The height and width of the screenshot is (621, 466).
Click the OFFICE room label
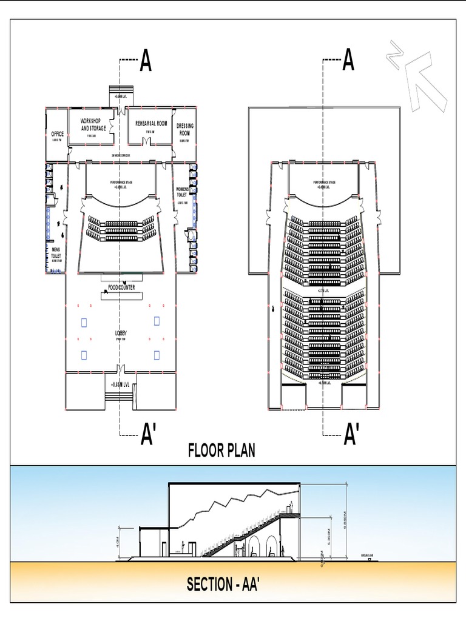tap(58, 134)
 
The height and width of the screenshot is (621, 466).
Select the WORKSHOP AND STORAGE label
tap(93, 125)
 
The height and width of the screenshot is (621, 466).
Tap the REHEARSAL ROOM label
tap(150, 123)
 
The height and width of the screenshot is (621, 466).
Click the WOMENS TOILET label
tap(182, 192)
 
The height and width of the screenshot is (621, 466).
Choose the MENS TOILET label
tap(56, 252)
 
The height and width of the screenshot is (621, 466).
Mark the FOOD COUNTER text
tap(121, 287)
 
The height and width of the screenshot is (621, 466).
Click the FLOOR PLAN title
tap(221, 451)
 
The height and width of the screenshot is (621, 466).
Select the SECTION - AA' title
tap(223, 585)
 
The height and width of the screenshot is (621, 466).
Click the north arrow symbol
tap(419, 76)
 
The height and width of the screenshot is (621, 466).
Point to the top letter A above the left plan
tap(146, 61)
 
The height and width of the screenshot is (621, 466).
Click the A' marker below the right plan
tap(350, 434)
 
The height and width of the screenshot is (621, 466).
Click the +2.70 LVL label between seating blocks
tap(323, 290)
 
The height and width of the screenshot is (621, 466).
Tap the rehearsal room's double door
tap(146, 141)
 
